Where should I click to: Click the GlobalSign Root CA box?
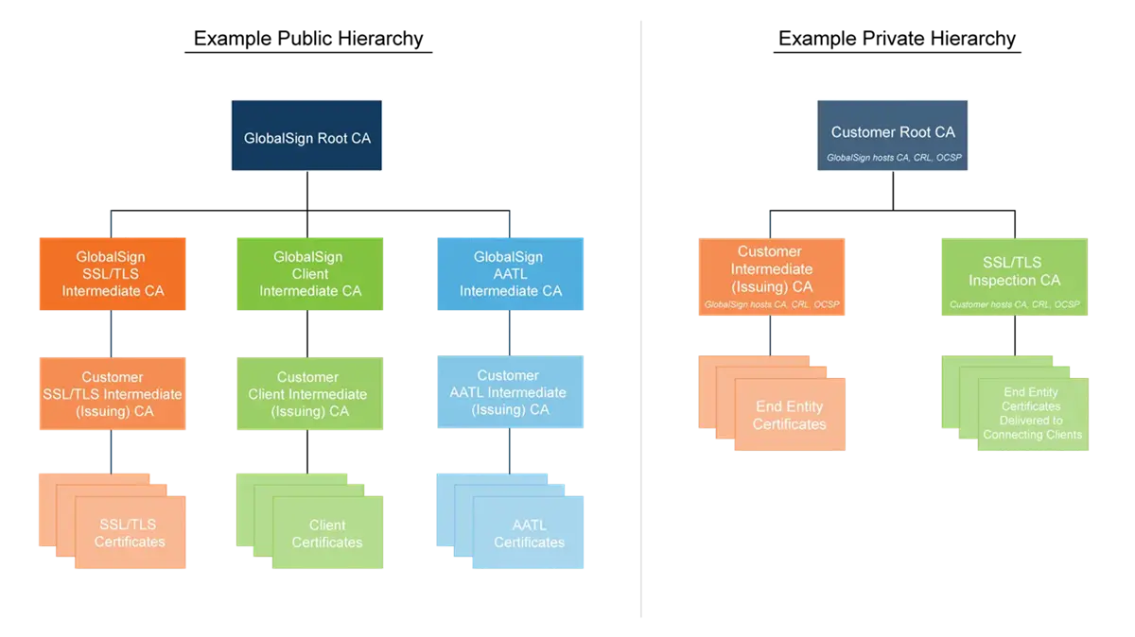pyautogui.click(x=306, y=137)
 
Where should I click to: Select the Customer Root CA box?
pyautogui.click(x=892, y=137)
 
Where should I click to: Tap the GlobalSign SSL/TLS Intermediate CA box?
pyautogui.click(x=113, y=274)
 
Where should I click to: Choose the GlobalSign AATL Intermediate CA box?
pyautogui.click(x=510, y=274)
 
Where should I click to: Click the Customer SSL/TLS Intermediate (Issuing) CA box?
pyautogui.click(x=113, y=394)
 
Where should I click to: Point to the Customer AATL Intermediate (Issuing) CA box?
pyautogui.click(x=510, y=393)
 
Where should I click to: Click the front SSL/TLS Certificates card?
pyautogui.click(x=131, y=533)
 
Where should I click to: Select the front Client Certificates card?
pyautogui.click(x=327, y=533)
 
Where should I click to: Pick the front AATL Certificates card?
pyautogui.click(x=529, y=533)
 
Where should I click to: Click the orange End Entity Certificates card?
pyautogui.click(x=789, y=415)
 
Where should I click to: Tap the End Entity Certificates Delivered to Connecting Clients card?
pyautogui.click(x=1032, y=413)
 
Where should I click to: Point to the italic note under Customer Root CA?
pyautogui.click(x=893, y=158)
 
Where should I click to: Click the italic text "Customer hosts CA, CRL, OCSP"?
pyautogui.click(x=1014, y=304)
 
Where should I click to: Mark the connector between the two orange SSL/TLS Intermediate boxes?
pyautogui.click(x=112, y=335)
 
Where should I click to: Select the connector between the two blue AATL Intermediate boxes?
pyautogui.click(x=511, y=335)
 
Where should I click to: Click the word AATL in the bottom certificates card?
pyautogui.click(x=529, y=525)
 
